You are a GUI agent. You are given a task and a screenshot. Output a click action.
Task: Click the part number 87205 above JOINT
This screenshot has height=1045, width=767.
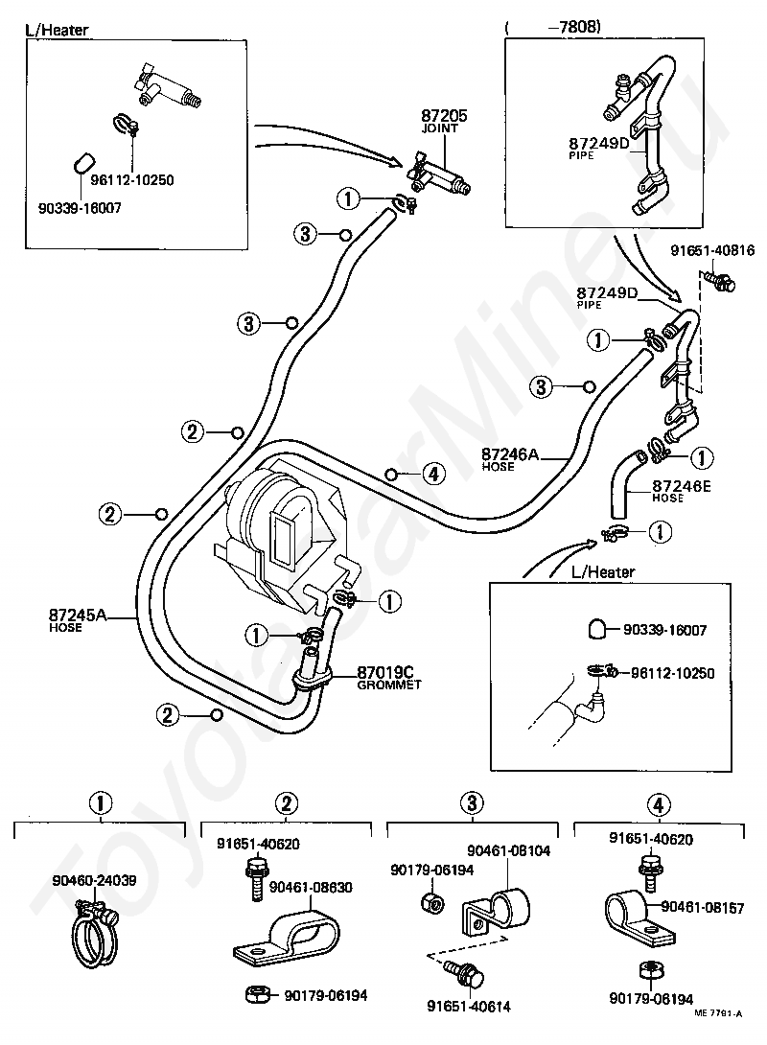click(x=444, y=115)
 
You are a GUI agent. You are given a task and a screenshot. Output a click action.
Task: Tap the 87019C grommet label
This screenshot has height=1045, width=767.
click(x=389, y=677)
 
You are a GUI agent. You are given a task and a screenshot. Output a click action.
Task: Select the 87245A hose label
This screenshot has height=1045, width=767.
click(x=78, y=619)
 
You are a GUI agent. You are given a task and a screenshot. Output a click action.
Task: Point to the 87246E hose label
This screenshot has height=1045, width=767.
click(x=681, y=491)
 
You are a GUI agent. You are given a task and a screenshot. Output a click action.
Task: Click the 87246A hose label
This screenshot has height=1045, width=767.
click(x=510, y=459)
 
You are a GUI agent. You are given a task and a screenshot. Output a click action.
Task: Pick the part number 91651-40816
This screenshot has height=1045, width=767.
click(x=712, y=250)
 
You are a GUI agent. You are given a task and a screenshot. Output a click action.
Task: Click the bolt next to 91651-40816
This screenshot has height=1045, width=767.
click(x=718, y=281)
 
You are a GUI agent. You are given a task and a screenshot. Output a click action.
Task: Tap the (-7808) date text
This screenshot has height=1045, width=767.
click(x=554, y=26)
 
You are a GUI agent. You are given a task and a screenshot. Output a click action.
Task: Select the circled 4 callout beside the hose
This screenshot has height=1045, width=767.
click(x=433, y=474)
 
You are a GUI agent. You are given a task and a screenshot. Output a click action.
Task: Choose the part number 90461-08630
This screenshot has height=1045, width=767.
click(x=311, y=887)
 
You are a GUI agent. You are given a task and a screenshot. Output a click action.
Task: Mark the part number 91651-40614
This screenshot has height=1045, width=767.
click(x=469, y=1007)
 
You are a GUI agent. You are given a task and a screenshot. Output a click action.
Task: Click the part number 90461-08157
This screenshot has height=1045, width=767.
click(x=703, y=907)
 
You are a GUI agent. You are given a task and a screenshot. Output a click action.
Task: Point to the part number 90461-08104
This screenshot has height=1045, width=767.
click(x=508, y=850)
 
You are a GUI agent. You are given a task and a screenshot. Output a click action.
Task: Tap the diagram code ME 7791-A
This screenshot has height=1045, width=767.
click(x=718, y=1032)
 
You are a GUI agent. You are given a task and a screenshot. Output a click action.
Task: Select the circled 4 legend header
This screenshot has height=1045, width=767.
click(x=659, y=804)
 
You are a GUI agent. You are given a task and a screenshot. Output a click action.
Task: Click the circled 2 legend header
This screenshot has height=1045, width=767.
click(x=286, y=803)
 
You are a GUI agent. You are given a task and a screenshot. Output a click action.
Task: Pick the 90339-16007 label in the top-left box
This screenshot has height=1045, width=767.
click(x=80, y=208)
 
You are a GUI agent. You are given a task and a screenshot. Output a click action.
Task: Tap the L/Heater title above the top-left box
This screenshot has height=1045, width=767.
click(x=57, y=30)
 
